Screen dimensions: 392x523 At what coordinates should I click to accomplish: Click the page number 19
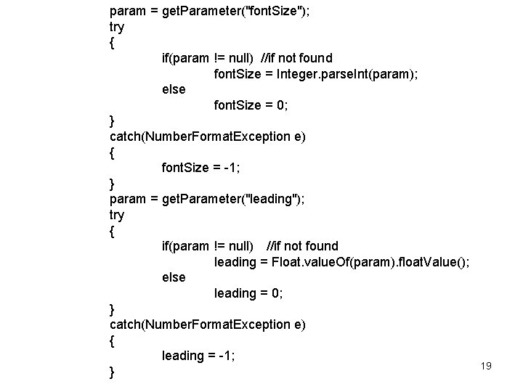tap(486, 366)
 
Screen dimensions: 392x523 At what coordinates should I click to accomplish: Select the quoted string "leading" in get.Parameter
tap(272, 199)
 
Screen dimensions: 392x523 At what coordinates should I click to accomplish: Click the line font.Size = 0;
tap(251, 105)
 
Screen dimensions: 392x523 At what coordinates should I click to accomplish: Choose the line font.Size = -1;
tap(201, 168)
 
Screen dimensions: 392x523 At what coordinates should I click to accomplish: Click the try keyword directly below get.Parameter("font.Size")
tap(116, 27)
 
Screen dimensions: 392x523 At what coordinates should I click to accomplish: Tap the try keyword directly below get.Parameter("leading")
tap(116, 215)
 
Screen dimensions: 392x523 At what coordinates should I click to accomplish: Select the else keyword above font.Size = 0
tap(174, 89)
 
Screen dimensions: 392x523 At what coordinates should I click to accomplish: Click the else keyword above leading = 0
tap(174, 277)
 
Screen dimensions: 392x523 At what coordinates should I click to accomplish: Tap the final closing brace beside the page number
tap(112, 372)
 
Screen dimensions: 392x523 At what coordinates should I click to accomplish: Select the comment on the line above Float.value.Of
tap(302, 246)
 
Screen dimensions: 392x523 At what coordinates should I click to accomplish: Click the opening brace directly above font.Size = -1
tap(112, 152)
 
